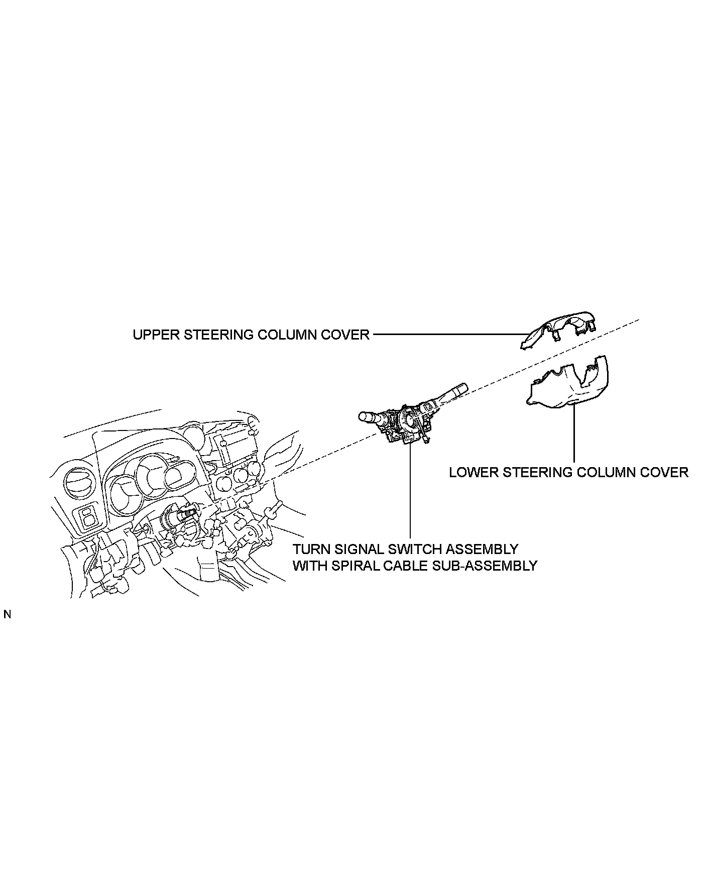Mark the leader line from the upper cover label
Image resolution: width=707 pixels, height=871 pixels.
[447, 334]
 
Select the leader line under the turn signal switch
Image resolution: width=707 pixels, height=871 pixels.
[410, 492]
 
